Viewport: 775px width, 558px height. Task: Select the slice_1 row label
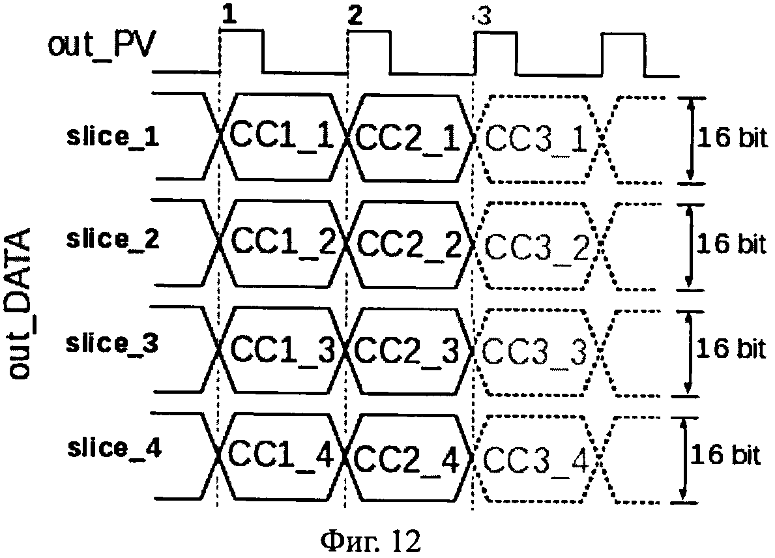click(x=113, y=136)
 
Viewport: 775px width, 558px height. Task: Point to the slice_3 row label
click(x=112, y=342)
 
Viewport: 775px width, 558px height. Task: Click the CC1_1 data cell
click(x=282, y=136)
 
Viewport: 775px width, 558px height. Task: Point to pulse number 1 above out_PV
click(x=229, y=16)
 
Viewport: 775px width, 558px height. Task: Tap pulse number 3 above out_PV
click(x=484, y=18)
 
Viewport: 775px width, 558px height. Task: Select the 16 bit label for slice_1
click(x=732, y=138)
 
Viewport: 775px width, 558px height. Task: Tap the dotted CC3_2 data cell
click(x=537, y=246)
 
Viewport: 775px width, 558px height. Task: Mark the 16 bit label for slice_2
click(x=731, y=244)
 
